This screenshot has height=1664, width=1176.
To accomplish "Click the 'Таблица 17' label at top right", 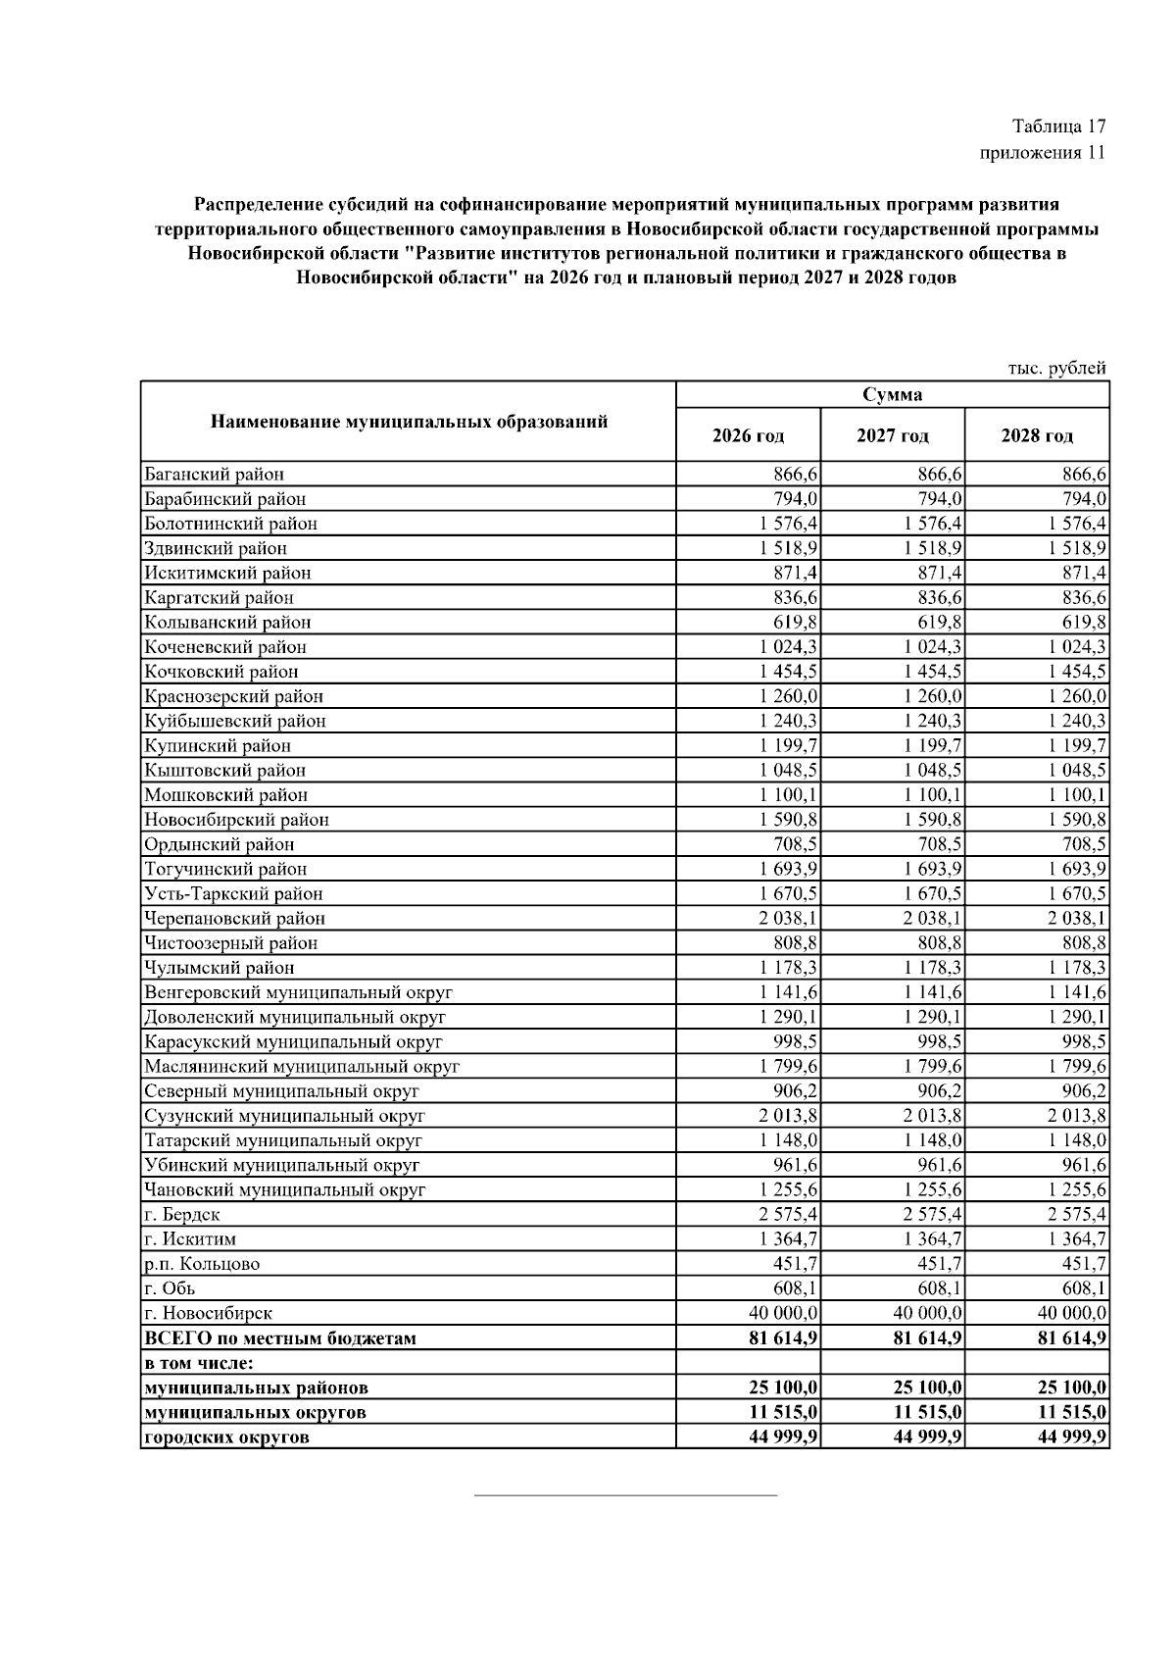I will click(x=1058, y=126).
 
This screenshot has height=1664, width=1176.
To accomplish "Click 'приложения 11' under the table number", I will click(x=1042, y=152).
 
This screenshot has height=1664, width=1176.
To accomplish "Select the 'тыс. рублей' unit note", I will click(x=1057, y=369).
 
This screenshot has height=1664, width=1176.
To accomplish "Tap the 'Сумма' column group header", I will click(x=892, y=394).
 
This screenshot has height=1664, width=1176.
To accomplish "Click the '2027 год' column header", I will click(x=892, y=435).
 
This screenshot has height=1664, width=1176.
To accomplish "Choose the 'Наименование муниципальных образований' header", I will click(x=409, y=422).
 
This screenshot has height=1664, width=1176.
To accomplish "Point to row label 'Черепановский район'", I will click(x=234, y=919).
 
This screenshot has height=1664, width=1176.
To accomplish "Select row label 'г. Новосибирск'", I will click(x=208, y=1313).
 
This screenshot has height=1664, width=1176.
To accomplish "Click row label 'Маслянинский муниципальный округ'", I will click(x=301, y=1067).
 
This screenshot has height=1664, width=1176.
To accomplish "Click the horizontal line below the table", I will click(x=625, y=1495).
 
